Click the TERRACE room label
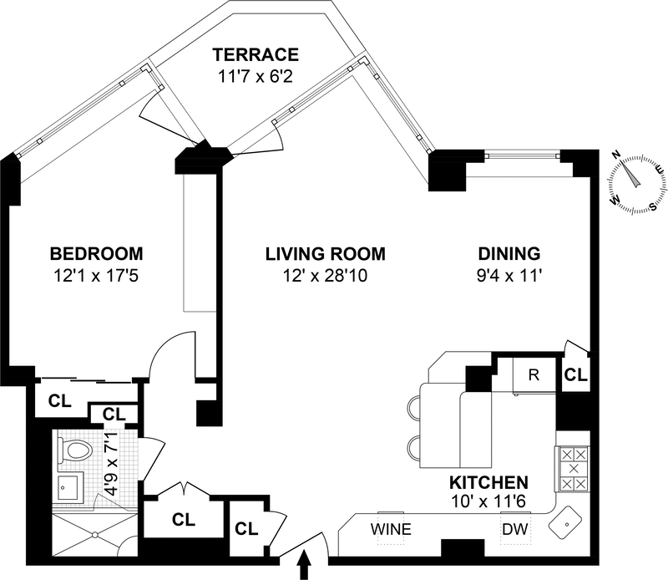click(256, 56)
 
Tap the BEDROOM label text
click(96, 253)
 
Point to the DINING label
click(509, 253)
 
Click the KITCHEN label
click(489, 482)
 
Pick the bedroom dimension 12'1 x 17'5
click(96, 273)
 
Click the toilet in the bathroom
click(76, 452)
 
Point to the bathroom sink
click(68, 487)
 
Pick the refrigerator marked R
click(534, 374)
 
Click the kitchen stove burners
click(572, 469)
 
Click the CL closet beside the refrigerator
click(575, 374)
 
